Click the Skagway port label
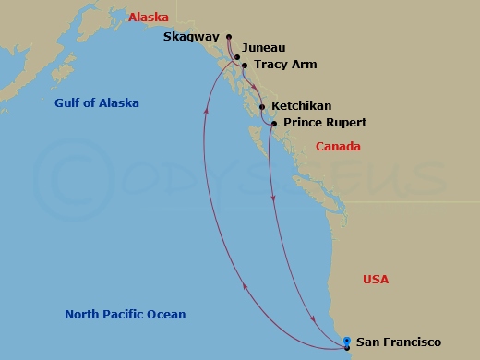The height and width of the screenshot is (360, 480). pyautogui.click(x=190, y=37)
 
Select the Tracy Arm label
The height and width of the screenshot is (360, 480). pyautogui.click(x=284, y=65)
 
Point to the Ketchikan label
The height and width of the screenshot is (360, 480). pyautogui.click(x=301, y=106)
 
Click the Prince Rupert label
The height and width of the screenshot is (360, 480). pyautogui.click(x=324, y=122)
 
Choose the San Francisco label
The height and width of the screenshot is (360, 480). pyautogui.click(x=392, y=342)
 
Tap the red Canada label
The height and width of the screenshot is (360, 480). pyautogui.click(x=338, y=147)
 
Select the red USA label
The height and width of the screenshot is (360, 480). pyautogui.click(x=376, y=279)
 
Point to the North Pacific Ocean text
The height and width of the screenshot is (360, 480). pyautogui.click(x=125, y=315)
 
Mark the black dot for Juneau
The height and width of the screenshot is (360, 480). pyautogui.click(x=234, y=55)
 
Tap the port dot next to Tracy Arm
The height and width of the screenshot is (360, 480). pyautogui.click(x=245, y=66)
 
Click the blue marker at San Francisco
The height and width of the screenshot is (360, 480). pyautogui.click(x=346, y=342)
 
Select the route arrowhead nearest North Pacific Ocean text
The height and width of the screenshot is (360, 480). pyautogui.click(x=245, y=286)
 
